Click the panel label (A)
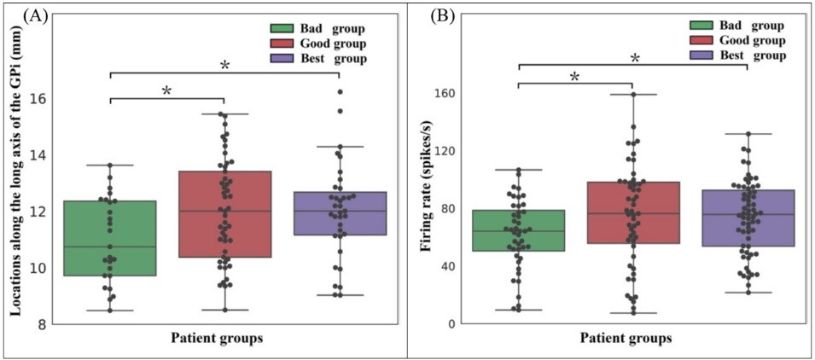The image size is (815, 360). (18, 15)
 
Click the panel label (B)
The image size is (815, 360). (425, 15)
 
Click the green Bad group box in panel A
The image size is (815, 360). (109, 238)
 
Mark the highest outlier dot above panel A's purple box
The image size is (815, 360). (341, 91)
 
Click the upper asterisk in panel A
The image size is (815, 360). (224, 66)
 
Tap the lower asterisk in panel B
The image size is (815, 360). (574, 78)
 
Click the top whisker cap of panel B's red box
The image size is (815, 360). (632, 94)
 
